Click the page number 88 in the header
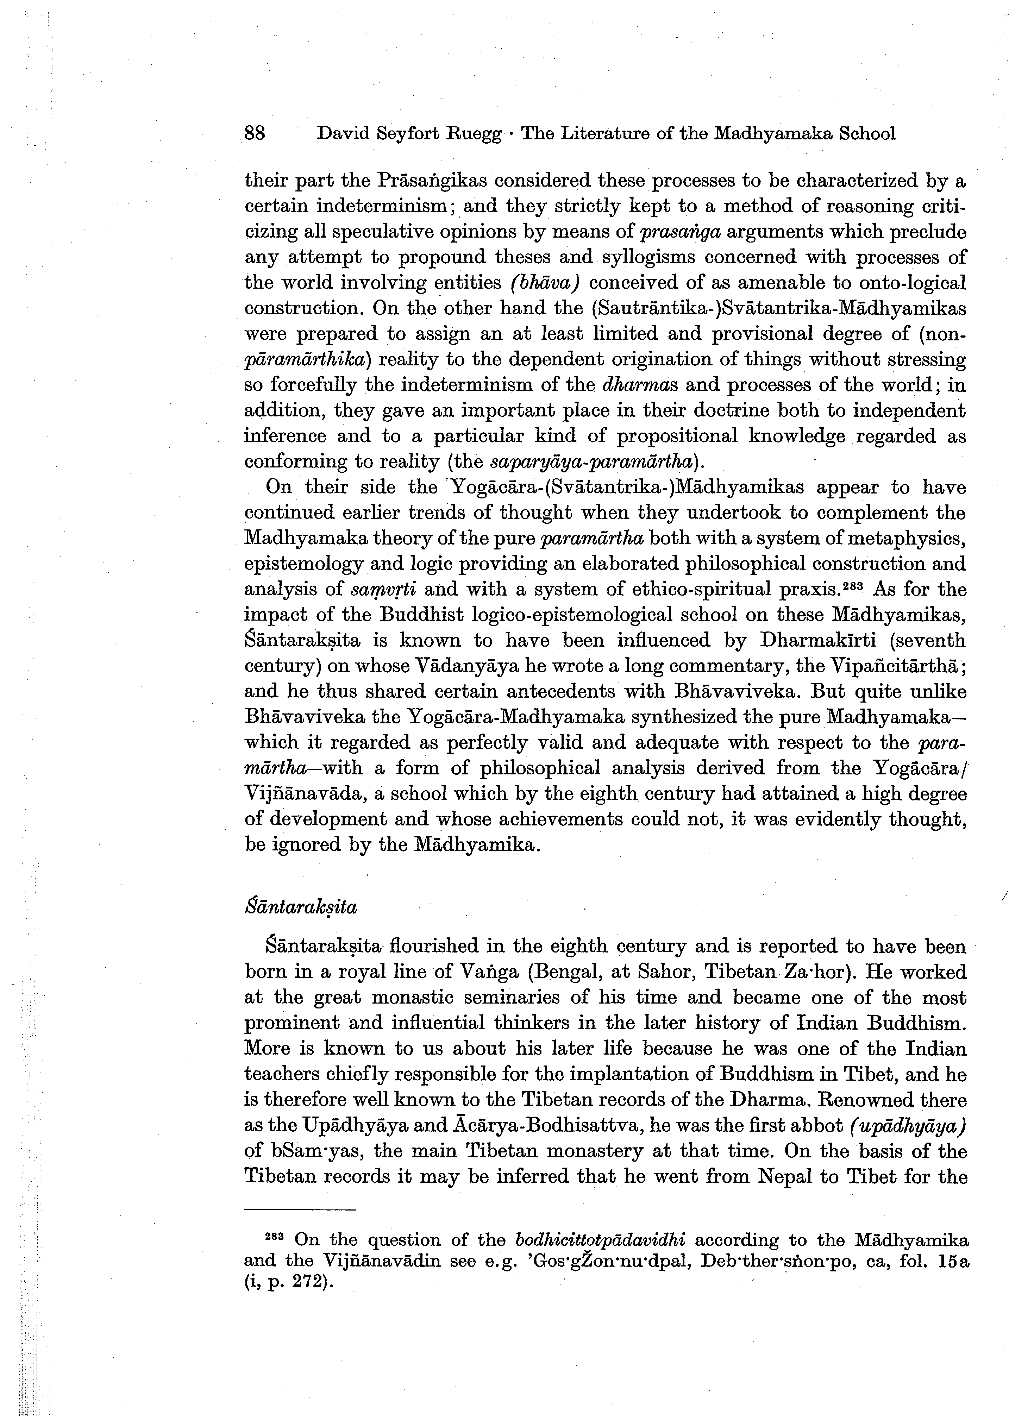coord(255,134)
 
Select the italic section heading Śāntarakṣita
coord(301,907)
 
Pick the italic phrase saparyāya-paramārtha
coord(591,462)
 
